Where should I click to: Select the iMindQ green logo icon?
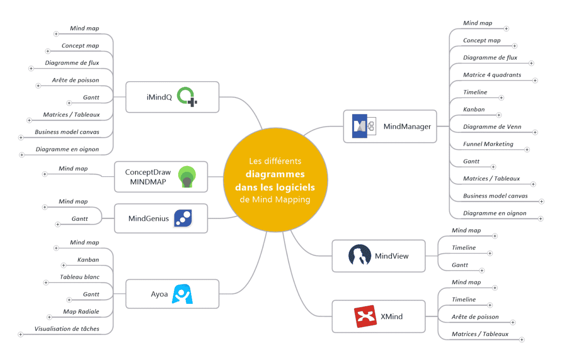(x=187, y=97)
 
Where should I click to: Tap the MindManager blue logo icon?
(x=360, y=126)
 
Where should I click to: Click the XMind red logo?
(x=365, y=317)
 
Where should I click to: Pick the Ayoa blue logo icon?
(x=182, y=294)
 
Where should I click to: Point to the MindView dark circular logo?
(x=359, y=255)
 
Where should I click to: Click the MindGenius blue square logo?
(x=183, y=218)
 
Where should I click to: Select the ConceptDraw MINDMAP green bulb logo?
(x=186, y=177)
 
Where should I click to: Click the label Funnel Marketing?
(x=488, y=144)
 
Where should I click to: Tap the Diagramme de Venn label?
(x=492, y=127)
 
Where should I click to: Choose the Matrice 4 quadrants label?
(x=492, y=75)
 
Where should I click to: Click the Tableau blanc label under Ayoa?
(x=79, y=277)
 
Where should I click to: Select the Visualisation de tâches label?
(x=67, y=329)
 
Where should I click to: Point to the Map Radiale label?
(x=81, y=312)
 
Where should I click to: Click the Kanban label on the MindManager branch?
(x=474, y=109)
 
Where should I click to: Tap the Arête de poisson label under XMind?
(x=475, y=317)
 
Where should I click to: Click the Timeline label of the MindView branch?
(x=464, y=248)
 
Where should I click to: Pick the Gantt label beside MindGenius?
(x=79, y=219)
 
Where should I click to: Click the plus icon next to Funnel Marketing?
(x=527, y=150)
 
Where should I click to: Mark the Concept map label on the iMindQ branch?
(x=80, y=46)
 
